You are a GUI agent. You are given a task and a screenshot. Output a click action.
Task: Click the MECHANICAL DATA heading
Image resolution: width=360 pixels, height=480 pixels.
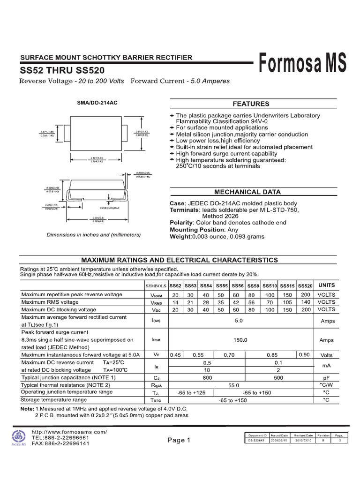pyautogui.click(x=247, y=192)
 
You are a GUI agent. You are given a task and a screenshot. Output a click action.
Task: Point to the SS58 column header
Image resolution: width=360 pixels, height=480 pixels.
pyautogui.click(x=253, y=285)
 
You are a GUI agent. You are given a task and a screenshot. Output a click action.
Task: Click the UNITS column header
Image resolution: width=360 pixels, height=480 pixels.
pyautogui.click(x=326, y=285)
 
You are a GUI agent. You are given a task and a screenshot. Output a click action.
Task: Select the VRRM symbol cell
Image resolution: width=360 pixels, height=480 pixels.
pyautogui.click(x=156, y=295)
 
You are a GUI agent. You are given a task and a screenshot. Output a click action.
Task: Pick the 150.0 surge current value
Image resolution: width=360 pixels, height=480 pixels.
pyautogui.click(x=239, y=340)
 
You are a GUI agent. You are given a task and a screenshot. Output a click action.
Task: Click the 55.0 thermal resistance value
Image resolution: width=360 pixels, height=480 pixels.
pyautogui.click(x=233, y=385)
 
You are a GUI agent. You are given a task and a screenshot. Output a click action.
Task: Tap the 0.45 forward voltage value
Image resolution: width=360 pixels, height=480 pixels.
pyautogui.click(x=175, y=355)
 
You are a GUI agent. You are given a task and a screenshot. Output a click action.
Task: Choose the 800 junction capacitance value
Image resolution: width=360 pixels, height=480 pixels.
pyautogui.click(x=207, y=377)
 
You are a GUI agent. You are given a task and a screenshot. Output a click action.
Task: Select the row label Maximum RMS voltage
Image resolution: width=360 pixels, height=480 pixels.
pyautogui.click(x=50, y=302)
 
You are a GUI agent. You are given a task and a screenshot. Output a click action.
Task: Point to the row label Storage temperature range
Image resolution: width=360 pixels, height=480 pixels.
pyautogui.click(x=54, y=400)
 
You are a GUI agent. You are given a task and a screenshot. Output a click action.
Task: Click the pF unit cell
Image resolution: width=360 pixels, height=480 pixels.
pyautogui.click(x=326, y=377)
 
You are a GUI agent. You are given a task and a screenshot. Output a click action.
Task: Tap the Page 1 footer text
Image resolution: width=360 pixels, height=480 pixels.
pyautogui.click(x=179, y=440)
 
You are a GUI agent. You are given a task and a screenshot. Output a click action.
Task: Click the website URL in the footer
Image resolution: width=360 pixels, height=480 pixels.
pyautogui.click(x=69, y=432)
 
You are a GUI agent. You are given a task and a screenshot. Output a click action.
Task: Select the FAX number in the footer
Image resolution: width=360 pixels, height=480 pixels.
pyautogui.click(x=60, y=443)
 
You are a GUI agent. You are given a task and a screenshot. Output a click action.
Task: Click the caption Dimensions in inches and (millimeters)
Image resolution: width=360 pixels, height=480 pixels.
pyautogui.click(x=94, y=234)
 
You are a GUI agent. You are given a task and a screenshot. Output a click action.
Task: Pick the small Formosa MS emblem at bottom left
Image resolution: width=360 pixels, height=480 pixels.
pyautogui.click(x=19, y=437)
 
